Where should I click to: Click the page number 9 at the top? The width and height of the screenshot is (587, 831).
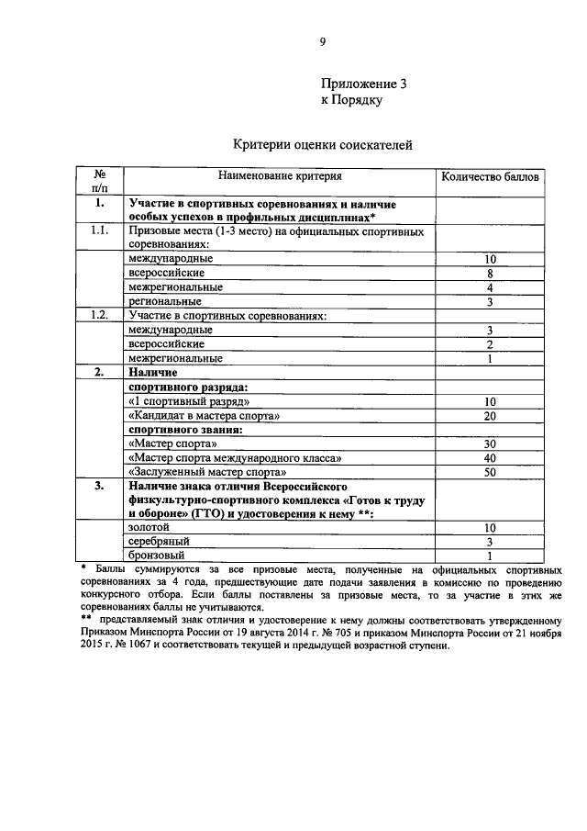point(322,41)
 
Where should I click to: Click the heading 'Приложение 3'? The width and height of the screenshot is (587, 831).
point(363,84)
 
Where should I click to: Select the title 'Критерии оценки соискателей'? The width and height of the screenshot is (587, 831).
point(322,144)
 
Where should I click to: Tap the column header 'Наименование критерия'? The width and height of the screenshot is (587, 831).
point(279,175)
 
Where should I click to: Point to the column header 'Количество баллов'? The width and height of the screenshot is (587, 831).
point(491,176)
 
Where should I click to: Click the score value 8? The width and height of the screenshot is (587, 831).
point(491,274)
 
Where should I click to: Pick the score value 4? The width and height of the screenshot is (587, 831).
point(491,287)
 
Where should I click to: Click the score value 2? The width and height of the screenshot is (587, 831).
point(491,343)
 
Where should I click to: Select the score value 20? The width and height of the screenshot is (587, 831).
point(491,415)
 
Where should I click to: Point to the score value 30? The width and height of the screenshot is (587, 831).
point(491,444)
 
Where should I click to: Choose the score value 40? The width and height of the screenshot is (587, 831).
point(491,457)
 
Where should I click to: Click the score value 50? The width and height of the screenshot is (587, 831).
point(491,471)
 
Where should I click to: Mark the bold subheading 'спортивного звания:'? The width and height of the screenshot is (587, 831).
point(184,429)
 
